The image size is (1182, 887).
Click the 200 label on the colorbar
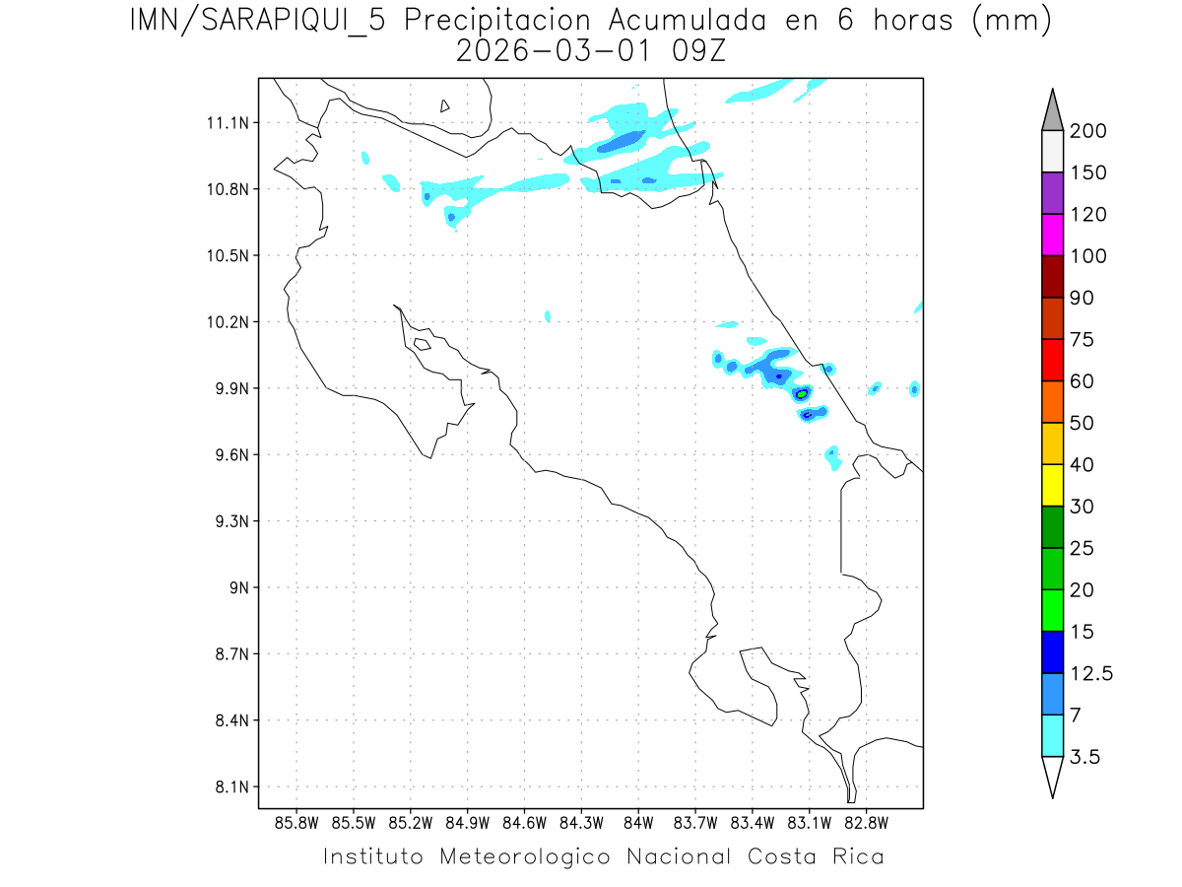pyautogui.click(x=1088, y=131)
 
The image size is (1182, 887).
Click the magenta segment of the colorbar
pyautogui.click(x=1052, y=236)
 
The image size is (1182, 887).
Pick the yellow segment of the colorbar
pyautogui.click(x=1052, y=485)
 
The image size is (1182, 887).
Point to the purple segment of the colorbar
pyautogui.click(x=1052, y=193)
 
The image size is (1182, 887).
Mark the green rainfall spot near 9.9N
pyautogui.click(x=803, y=393)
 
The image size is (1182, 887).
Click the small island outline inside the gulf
pyautogui.click(x=422, y=344)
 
